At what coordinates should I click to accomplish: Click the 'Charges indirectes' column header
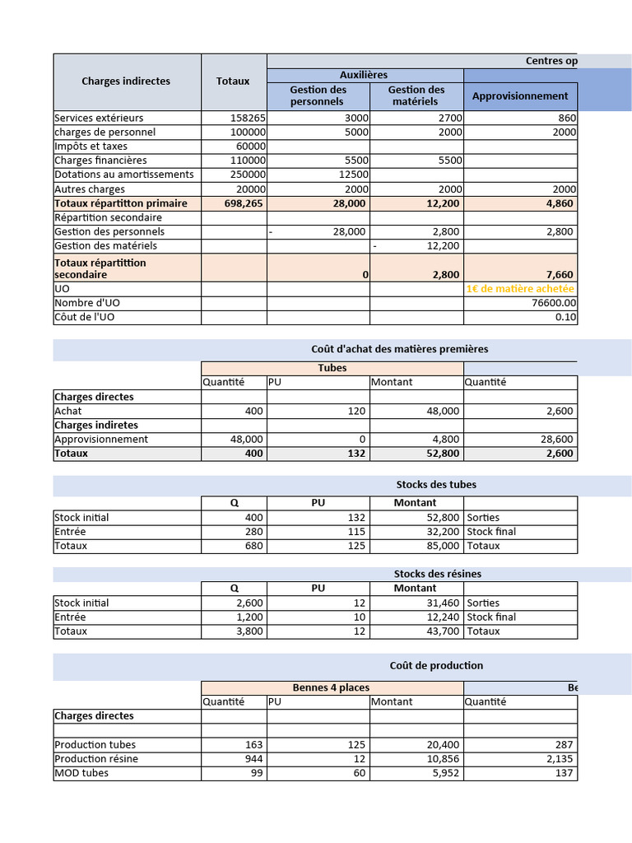[x=126, y=82]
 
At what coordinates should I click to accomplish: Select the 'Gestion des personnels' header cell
[x=318, y=95]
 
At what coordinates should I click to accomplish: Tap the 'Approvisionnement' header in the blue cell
[x=520, y=96]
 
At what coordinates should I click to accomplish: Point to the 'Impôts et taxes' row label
[x=91, y=147]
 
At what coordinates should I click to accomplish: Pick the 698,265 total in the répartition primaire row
[x=244, y=203]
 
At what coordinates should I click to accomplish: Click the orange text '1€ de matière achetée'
[x=520, y=289]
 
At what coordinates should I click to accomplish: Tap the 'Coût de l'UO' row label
[x=84, y=317]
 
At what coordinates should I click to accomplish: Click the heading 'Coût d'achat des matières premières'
[x=399, y=349]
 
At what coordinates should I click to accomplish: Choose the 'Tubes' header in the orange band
[x=332, y=368]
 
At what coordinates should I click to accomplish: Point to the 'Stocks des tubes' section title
[x=435, y=485]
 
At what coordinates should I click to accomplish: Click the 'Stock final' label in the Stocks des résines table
[x=491, y=617]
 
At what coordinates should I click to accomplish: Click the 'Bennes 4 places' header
[x=331, y=688]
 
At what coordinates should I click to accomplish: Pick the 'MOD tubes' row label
[x=81, y=773]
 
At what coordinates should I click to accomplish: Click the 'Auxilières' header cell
[x=364, y=75]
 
